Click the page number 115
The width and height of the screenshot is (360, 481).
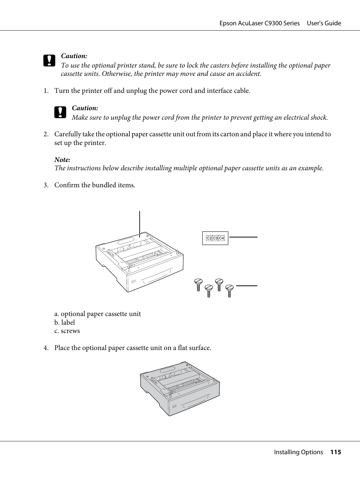point(335,452)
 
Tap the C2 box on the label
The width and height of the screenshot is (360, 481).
point(209,238)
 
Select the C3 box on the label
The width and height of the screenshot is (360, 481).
point(215,238)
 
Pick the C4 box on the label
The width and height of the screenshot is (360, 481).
point(222,238)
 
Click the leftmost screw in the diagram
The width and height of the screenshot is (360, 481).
point(198,284)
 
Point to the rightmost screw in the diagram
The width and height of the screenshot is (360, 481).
point(229,290)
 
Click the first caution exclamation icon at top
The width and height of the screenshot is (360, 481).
point(49,61)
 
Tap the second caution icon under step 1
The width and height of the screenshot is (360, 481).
point(60,113)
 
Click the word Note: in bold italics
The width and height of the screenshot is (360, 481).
point(62,160)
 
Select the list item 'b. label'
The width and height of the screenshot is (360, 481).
point(65,322)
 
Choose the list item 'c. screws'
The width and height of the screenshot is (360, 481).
point(67,331)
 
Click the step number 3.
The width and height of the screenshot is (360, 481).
point(46,185)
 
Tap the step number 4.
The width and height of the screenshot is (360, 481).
point(46,348)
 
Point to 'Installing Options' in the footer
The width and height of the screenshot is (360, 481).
point(298,452)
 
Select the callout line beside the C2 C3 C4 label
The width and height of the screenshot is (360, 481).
point(243,237)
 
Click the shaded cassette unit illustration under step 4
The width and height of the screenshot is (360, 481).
point(180,388)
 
